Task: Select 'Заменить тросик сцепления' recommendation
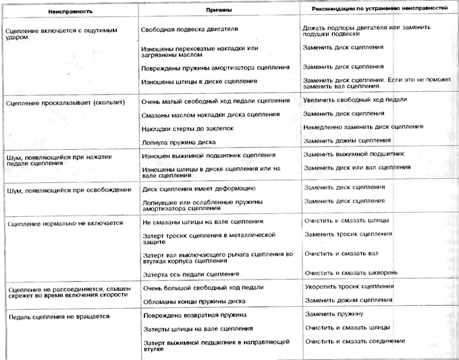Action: click(348, 234)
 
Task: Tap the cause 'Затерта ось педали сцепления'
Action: click(191, 274)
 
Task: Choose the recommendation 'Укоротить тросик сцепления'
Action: click(349, 286)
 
